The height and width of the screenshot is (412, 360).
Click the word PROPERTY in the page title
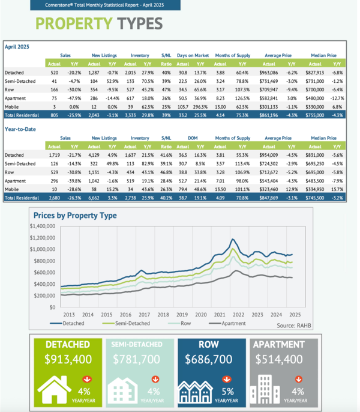point(72,24)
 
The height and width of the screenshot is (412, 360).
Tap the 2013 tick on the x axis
point(68,314)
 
